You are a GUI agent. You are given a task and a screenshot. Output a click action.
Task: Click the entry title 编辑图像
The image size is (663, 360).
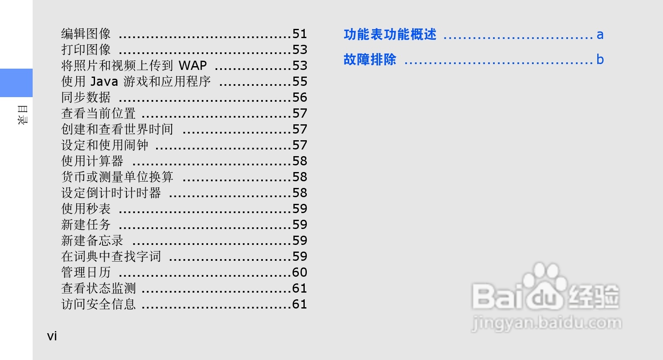point(86,33)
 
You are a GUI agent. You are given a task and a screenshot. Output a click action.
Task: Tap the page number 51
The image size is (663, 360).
point(300,34)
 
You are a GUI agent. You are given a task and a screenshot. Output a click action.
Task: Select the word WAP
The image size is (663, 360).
point(193,66)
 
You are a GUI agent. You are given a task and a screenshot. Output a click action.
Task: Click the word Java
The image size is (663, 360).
point(104,82)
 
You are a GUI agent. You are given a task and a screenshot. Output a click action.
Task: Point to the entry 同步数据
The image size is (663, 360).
point(86,98)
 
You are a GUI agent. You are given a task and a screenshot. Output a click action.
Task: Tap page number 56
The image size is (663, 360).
point(300,98)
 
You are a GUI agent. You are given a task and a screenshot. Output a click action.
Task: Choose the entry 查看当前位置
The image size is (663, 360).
point(98,113)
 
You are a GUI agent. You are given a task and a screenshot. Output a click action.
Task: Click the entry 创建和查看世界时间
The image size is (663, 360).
point(117,129)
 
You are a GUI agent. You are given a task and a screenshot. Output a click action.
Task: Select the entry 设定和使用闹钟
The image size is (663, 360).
point(105,145)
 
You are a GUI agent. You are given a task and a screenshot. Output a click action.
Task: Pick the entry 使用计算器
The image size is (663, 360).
point(92,161)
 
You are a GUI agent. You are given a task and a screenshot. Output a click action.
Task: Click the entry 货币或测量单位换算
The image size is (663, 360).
point(117,177)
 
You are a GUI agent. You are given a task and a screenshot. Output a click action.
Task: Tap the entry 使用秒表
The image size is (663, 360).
point(86,209)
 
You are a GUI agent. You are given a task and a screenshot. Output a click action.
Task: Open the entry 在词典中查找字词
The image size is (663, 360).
point(111,257)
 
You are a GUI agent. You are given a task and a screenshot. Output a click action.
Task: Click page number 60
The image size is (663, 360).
point(300,273)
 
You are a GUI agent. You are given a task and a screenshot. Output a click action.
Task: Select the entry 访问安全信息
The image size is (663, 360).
point(98,304)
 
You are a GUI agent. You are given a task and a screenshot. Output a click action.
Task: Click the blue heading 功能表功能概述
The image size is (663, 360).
point(390,34)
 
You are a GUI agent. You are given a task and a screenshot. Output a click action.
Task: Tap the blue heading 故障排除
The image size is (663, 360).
point(370,59)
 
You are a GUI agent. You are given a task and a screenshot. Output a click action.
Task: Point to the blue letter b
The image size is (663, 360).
point(600,59)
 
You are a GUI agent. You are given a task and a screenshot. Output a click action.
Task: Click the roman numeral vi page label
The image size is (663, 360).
point(52,336)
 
